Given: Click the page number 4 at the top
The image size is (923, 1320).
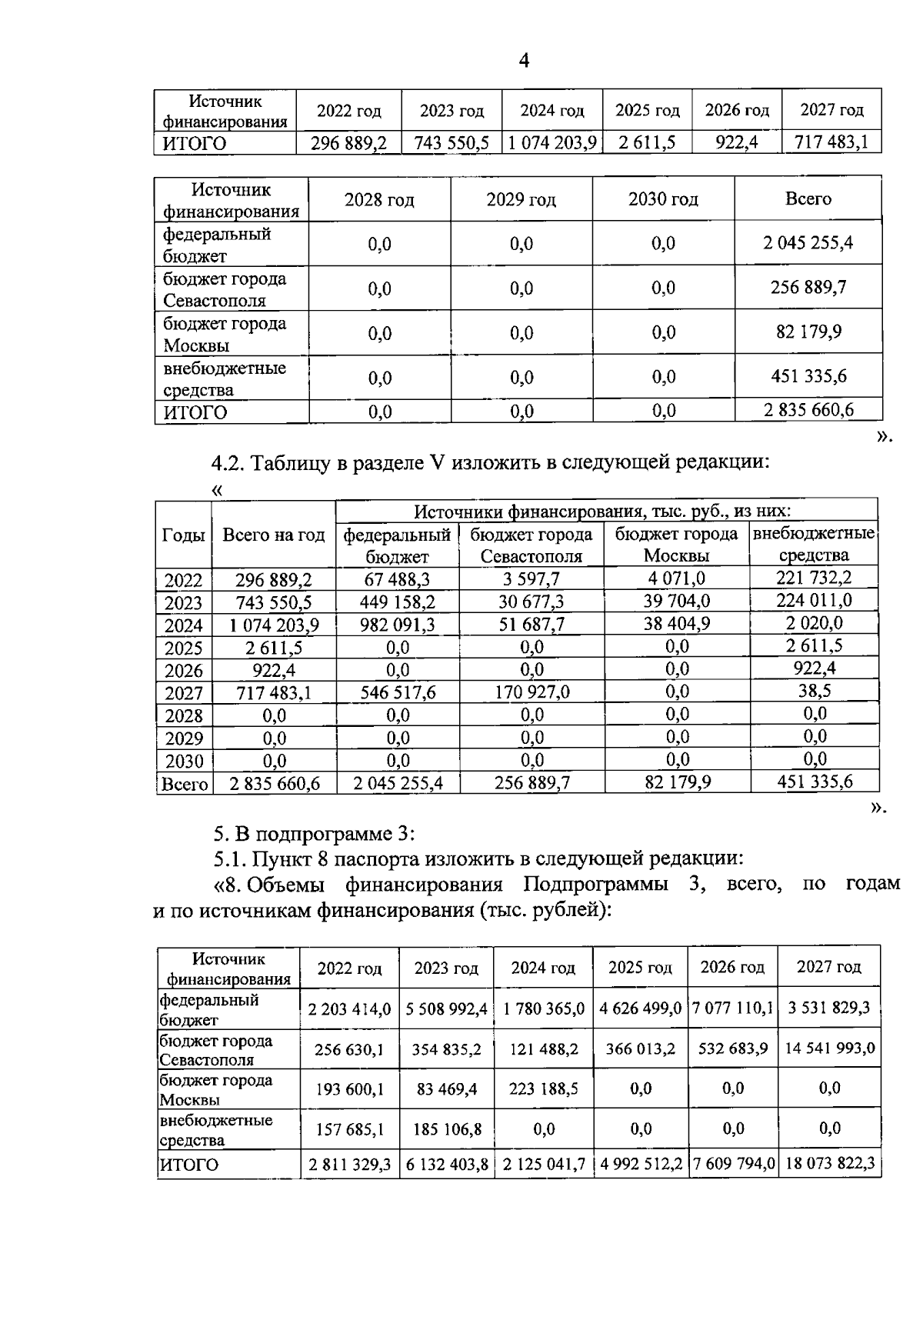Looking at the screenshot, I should point(524,61).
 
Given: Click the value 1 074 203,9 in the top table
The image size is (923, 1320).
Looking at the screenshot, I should point(552,143).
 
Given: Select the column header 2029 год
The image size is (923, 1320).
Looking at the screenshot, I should point(521,200).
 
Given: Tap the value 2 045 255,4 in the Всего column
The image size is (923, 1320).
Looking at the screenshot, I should point(808,243).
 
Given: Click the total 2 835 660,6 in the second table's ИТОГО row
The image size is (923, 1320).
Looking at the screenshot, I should point(808,410).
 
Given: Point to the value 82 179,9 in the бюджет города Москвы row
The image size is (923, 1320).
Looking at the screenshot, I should point(808,332).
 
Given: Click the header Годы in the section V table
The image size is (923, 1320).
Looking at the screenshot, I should point(183,535).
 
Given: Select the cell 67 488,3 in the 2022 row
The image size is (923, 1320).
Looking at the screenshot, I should point(398,579).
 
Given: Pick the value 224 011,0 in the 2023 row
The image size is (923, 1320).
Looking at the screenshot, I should point(814,600).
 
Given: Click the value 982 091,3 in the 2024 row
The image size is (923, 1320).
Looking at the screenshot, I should point(398,625).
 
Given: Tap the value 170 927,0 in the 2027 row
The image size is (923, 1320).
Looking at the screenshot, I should point(531,692).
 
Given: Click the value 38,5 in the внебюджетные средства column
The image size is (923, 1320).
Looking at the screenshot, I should point(814,691).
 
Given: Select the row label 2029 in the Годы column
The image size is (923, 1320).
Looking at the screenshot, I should point(184,738).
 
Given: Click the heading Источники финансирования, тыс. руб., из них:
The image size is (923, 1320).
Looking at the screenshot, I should point(602,512).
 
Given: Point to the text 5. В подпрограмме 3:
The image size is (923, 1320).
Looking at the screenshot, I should point(315,834).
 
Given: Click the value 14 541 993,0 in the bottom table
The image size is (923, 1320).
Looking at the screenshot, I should point(829,1048).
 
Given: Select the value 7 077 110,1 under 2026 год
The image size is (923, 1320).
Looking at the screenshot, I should point(733,1008).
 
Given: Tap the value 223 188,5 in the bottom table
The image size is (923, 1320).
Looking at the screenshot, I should point(543,1088).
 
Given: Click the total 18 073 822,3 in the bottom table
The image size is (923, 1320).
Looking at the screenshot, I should point(829,1164).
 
